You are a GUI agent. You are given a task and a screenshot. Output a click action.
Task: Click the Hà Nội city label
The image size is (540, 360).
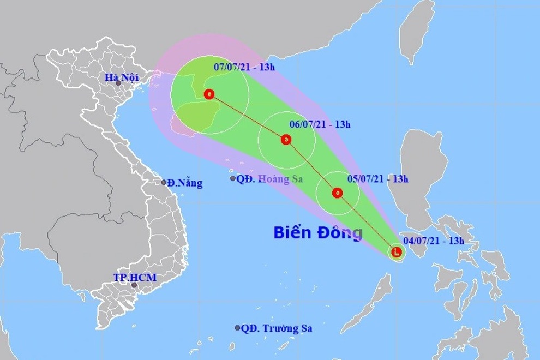click(122, 78)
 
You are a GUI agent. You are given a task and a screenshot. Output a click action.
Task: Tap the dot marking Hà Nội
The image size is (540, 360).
click(118, 83)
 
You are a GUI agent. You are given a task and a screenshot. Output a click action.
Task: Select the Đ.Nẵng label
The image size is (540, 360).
click(185, 183)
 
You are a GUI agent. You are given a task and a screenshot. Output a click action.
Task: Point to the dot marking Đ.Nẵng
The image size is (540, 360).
click(164, 182)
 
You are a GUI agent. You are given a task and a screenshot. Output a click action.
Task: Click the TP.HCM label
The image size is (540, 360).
click(135, 278)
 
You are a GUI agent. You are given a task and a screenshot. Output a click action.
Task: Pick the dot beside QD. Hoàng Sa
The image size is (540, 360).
click(233, 178)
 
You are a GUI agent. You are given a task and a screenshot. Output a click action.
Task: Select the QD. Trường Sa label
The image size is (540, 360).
click(277, 328)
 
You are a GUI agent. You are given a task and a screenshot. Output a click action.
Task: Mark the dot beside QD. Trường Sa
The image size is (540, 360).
click(238, 328)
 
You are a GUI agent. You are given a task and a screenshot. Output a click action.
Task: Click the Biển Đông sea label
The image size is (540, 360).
click(317, 233)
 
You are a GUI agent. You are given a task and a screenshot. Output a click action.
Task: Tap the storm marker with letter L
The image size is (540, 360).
click(397, 252)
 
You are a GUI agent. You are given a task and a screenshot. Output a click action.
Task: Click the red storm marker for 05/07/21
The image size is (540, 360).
click(337, 193)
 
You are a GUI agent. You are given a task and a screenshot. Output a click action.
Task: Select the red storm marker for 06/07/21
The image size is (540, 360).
click(286, 140)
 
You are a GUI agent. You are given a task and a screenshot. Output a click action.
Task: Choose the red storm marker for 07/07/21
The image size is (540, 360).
click(209, 94)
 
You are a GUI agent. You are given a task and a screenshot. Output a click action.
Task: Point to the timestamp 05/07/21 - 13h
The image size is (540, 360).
click(378, 178)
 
